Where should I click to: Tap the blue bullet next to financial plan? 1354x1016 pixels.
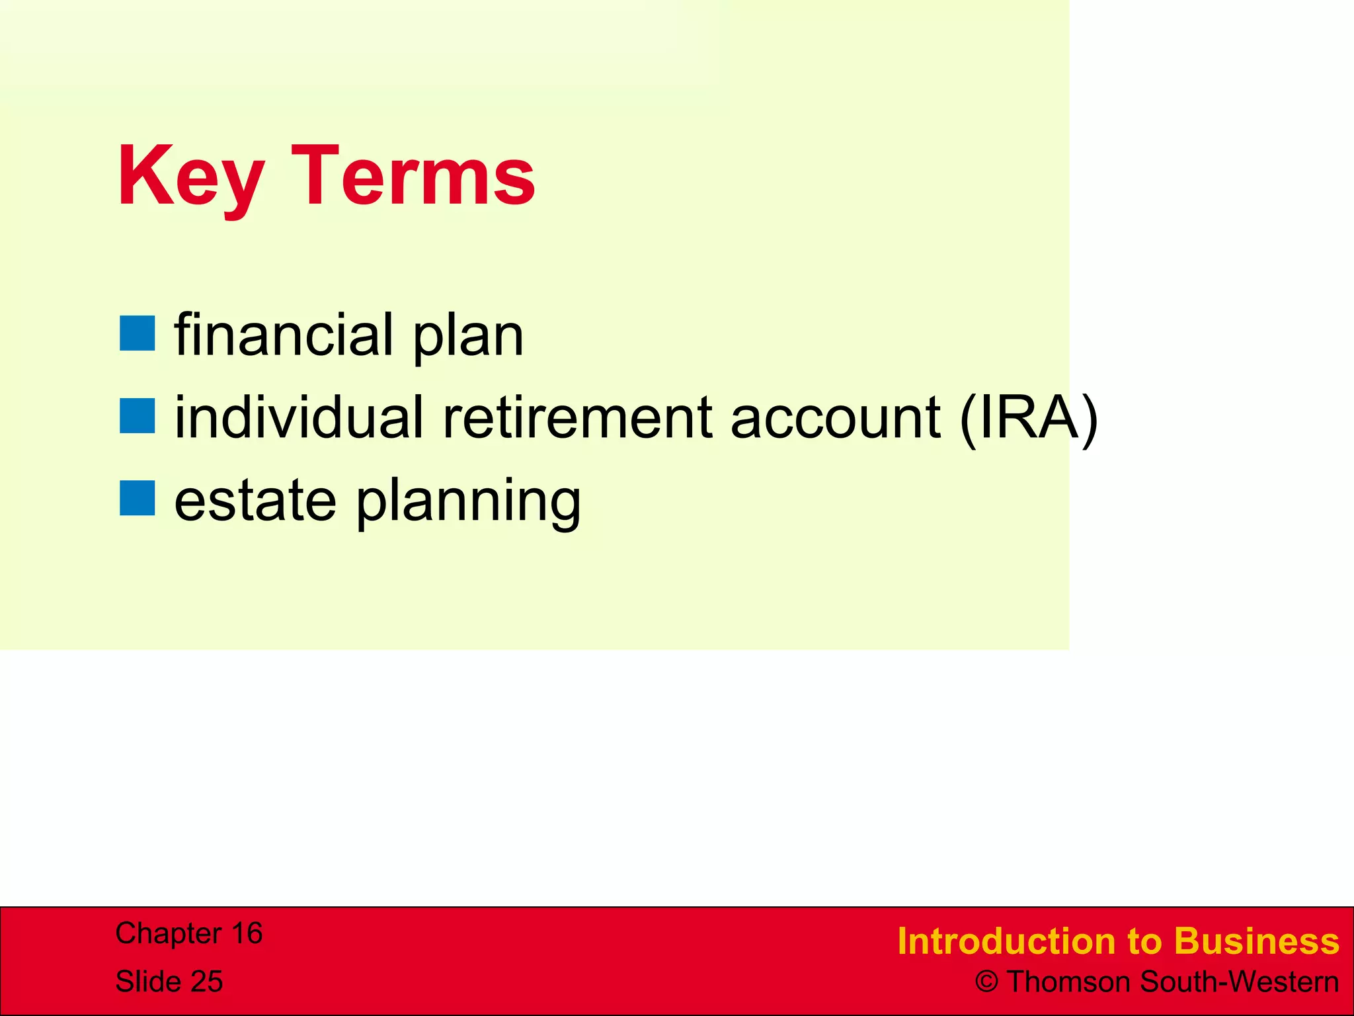pos(138,333)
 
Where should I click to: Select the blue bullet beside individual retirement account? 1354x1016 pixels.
pos(138,416)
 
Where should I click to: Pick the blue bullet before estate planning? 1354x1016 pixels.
pos(138,498)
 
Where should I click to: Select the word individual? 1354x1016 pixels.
pos(298,417)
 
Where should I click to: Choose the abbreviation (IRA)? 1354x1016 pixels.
pos(1029,418)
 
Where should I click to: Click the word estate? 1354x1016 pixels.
pos(255,501)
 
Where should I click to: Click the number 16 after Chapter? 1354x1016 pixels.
pos(246,933)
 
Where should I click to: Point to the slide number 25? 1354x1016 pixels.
pos(206,982)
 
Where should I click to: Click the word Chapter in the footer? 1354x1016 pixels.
pos(169,933)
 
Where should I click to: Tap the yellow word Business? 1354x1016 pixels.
pos(1256,941)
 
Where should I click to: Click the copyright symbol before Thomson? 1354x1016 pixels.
pos(986,982)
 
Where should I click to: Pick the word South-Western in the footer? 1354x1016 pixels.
pos(1240,982)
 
